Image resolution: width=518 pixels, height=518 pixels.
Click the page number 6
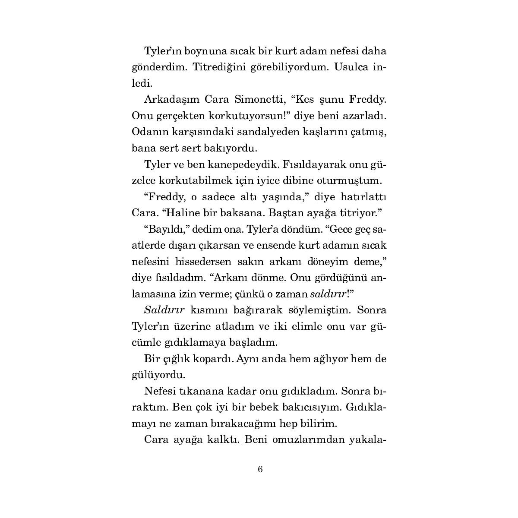[260, 469]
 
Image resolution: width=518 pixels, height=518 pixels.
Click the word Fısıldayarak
[314, 165]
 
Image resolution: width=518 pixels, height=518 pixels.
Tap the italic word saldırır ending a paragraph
[328, 294]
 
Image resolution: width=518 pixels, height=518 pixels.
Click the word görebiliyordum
[285, 67]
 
